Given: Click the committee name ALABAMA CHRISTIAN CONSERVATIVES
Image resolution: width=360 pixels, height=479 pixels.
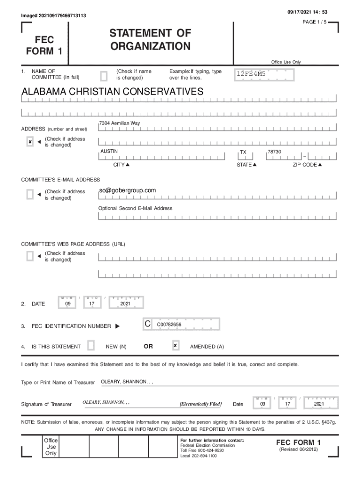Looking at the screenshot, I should tap(113, 92).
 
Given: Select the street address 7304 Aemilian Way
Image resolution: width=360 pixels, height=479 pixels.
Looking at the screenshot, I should tap(119, 123).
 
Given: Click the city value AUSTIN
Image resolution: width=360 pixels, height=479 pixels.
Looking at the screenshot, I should tap(109, 151).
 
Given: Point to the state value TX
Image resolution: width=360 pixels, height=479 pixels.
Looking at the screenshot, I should tap(243, 152).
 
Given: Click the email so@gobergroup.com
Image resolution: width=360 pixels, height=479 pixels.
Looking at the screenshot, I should tap(127, 190).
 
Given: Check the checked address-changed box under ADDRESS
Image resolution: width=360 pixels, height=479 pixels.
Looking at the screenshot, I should tap(30, 142).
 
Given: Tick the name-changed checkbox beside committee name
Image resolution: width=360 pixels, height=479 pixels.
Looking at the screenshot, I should tap(104, 75).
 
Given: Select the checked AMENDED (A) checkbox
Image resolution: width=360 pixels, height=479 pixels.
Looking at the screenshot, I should tap(175, 346).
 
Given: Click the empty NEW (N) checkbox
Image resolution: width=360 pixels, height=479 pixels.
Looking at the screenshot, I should tap(91, 346).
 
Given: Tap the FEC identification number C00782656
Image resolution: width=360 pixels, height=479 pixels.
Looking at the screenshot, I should tap(169, 324).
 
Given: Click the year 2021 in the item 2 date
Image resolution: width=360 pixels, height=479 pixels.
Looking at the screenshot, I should tap(125, 304).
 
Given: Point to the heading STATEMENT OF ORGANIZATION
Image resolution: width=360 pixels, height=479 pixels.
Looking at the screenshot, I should tap(151, 40).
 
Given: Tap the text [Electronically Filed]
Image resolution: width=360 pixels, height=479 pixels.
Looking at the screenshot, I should tap(201, 404).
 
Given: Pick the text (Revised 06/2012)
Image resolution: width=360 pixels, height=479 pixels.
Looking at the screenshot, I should tap(298, 450).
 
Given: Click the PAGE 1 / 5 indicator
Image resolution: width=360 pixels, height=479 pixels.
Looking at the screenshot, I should tap(316, 22).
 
